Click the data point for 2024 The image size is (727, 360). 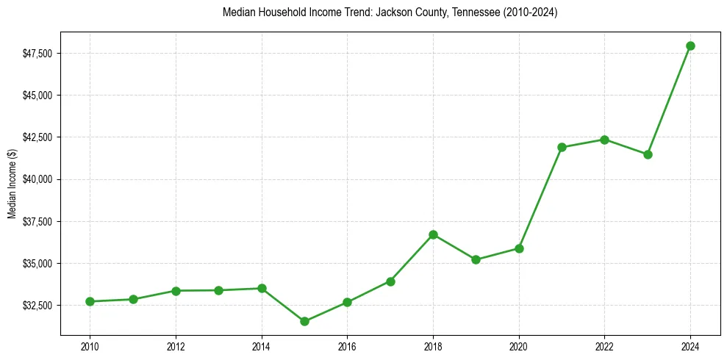pyautogui.click(x=690, y=46)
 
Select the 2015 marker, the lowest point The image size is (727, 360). pyautogui.click(x=304, y=321)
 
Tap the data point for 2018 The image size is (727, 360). pyautogui.click(x=433, y=234)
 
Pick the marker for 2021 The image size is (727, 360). pyautogui.click(x=562, y=147)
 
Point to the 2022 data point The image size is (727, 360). pyautogui.click(x=604, y=140)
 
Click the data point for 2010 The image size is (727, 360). pyautogui.click(x=90, y=301)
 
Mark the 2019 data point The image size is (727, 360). pyautogui.click(x=476, y=259)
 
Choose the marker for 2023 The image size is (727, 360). pyautogui.click(x=648, y=154)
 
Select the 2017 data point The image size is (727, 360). pyautogui.click(x=390, y=281)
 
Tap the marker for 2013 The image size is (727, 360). pyautogui.click(x=218, y=290)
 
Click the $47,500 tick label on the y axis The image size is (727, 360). pyautogui.click(x=38, y=54)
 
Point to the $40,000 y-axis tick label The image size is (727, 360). pyautogui.click(x=38, y=179)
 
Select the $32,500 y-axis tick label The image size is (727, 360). pyautogui.click(x=38, y=305)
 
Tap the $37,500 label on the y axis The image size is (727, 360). pyautogui.click(x=38, y=221)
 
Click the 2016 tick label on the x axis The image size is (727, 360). pyautogui.click(x=347, y=346)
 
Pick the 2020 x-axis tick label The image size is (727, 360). pyautogui.click(x=519, y=346)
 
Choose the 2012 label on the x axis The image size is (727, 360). pyautogui.click(x=176, y=346)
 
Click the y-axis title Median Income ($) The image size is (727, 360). pyautogui.click(x=12, y=179)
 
